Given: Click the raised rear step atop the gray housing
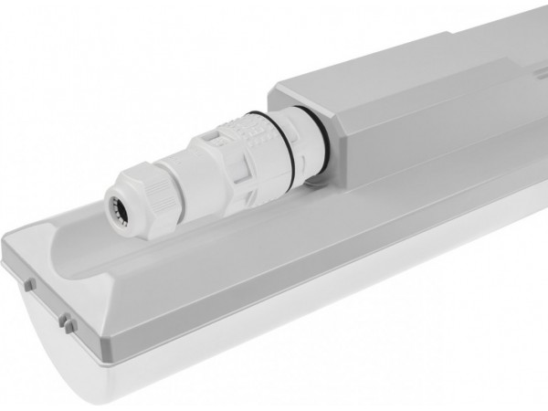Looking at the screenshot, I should tap(493, 46).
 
